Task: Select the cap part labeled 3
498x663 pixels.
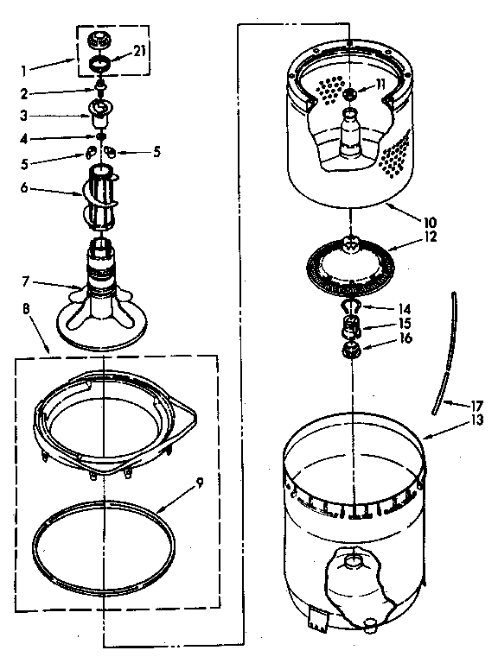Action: [x=102, y=111]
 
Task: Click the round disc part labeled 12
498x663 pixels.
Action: [x=353, y=260]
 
